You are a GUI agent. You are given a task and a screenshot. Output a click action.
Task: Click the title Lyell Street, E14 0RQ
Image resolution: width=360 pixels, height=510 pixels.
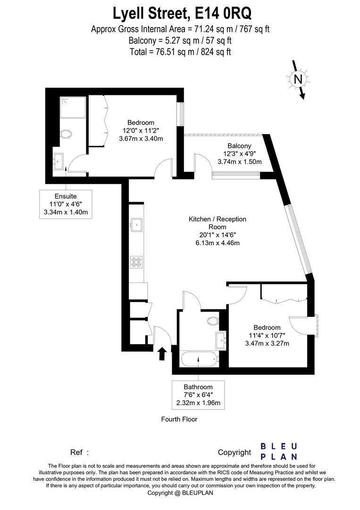(180, 13)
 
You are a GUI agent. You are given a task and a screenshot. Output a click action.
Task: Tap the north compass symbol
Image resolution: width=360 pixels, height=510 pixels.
(298, 80)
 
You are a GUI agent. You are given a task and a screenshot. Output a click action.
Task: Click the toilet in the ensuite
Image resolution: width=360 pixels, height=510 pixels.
(67, 135)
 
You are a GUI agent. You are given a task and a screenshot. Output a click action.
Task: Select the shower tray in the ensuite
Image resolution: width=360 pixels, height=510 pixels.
(73, 108)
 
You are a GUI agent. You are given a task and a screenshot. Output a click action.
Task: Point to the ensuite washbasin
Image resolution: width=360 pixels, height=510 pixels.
(59, 161)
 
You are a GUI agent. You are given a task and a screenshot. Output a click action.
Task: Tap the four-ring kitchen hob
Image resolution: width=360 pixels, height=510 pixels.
(136, 262)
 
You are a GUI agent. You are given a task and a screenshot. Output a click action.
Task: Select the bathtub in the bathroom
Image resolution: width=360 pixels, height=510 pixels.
(198, 359)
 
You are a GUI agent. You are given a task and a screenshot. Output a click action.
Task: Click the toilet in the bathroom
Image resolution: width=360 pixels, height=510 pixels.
(213, 321)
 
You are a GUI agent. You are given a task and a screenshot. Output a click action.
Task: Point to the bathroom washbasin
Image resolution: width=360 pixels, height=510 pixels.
(221, 339)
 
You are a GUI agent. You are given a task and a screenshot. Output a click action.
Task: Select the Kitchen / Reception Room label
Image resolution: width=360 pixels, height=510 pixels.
(218, 223)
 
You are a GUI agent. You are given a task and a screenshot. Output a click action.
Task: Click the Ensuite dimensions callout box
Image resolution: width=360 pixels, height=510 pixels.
(65, 204)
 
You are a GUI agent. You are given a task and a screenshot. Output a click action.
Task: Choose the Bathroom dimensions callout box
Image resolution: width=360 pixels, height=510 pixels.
(198, 395)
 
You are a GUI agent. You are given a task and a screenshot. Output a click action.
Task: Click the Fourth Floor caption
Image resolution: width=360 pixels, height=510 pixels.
(179, 419)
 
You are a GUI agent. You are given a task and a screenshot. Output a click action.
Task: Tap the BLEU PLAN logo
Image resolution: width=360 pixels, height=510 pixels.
(279, 451)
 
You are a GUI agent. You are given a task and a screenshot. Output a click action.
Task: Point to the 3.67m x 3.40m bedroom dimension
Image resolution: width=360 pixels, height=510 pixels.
(141, 138)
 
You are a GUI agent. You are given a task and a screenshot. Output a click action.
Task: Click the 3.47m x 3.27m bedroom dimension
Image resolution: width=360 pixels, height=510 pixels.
(267, 343)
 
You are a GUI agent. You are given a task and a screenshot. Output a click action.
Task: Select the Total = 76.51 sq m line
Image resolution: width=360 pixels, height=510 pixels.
(180, 52)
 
